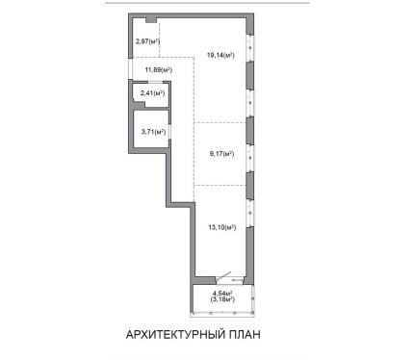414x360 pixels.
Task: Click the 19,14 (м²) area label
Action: (x=220, y=55)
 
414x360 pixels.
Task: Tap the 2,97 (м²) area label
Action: (x=147, y=41)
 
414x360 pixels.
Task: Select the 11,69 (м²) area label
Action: (x=158, y=69)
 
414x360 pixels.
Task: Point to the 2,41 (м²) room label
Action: (x=152, y=93)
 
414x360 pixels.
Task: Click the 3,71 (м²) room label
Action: (x=153, y=132)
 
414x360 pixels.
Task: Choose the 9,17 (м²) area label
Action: (x=221, y=154)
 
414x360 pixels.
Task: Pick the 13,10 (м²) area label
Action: (x=222, y=227)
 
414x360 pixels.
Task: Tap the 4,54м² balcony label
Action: (x=222, y=294)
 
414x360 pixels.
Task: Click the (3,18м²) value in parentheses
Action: (x=222, y=299)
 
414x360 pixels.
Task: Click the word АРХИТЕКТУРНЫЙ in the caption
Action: (x=175, y=334)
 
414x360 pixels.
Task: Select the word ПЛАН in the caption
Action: (x=245, y=334)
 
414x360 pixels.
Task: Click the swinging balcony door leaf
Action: (x=223, y=277)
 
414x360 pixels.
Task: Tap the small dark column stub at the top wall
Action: (x=151, y=20)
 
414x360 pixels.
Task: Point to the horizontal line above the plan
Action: (x=207, y=3)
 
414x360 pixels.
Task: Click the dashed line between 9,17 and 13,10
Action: (x=220, y=185)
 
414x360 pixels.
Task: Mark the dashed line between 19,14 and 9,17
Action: (x=220, y=122)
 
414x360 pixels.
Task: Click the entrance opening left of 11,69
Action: (x=130, y=68)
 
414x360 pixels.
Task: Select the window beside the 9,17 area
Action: (x=249, y=158)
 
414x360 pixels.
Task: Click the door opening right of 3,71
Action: (x=169, y=131)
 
